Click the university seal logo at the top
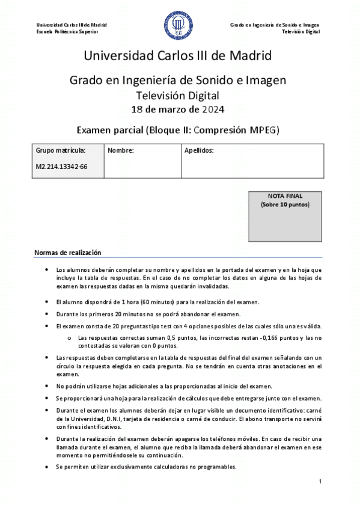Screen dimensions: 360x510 179,26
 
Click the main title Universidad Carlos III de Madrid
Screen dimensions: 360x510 178,56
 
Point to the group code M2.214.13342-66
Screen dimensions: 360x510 62,167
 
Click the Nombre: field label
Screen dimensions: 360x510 120,150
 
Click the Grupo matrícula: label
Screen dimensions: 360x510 61,150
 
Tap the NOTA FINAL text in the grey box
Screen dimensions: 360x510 285,196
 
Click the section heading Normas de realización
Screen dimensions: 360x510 68,253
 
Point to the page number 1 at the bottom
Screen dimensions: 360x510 321,482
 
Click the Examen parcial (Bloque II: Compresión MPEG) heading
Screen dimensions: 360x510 178,129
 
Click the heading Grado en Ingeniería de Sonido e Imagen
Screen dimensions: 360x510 178,79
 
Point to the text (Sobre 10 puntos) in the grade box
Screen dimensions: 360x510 285,204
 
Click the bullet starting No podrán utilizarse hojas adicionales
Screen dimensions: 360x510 164,386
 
